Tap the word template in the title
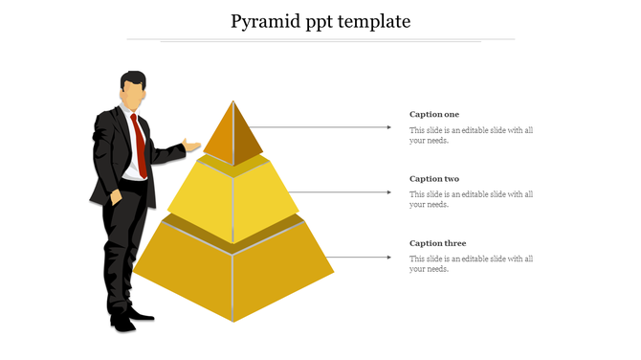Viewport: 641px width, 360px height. (x=373, y=20)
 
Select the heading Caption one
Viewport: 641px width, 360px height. (x=434, y=114)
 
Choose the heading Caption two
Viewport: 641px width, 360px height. (x=434, y=179)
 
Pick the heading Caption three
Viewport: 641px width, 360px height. (x=437, y=243)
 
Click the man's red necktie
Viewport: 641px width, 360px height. (x=141, y=144)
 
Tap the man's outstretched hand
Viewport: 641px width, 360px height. (x=192, y=146)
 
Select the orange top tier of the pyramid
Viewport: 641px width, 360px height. (x=233, y=134)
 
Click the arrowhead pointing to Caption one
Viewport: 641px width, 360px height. (x=388, y=126)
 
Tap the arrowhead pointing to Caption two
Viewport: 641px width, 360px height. (x=388, y=191)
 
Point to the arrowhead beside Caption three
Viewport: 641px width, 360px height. (x=388, y=257)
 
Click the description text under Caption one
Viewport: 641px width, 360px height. (x=471, y=135)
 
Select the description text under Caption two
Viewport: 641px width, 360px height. (x=471, y=199)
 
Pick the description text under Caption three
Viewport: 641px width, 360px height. (x=471, y=263)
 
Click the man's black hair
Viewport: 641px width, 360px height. (x=134, y=78)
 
